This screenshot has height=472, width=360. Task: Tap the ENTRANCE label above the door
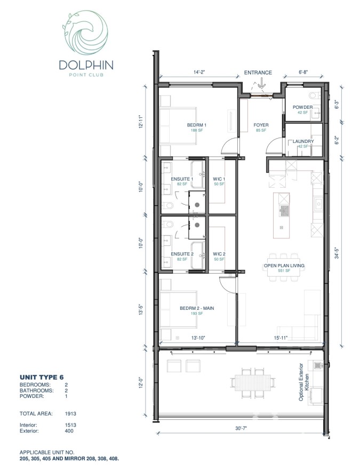click(258, 73)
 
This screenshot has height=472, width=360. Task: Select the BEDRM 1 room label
click(197, 125)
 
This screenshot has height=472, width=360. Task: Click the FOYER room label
click(261, 125)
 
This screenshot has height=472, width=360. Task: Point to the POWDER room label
click(302, 107)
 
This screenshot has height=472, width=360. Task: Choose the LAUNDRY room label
click(303, 141)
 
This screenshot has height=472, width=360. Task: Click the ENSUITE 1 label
click(181, 179)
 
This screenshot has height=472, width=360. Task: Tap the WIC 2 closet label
click(219, 254)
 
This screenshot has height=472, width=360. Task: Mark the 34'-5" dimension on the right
click(337, 251)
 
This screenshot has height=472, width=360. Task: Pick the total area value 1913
click(68, 413)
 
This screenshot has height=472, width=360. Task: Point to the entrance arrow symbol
click(262, 83)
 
